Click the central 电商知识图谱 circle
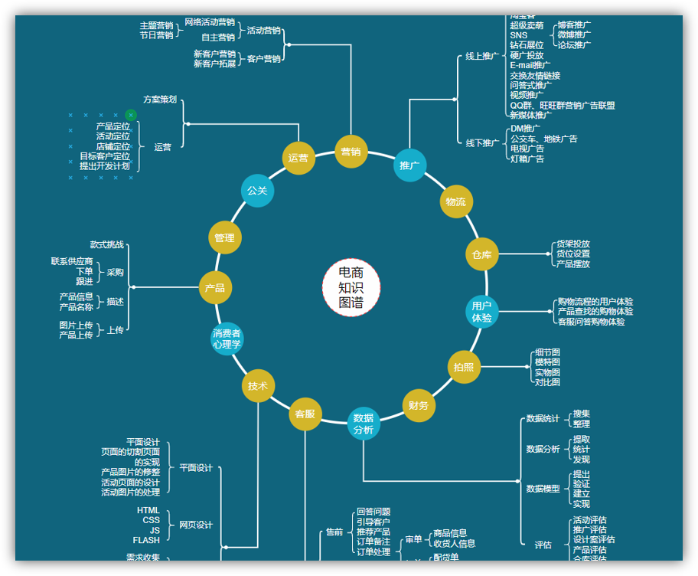pyautogui.click(x=351, y=287)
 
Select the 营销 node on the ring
pyautogui.click(x=351, y=152)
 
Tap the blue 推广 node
pyautogui.click(x=409, y=165)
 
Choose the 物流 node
pyautogui.click(x=455, y=201)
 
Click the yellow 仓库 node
pyautogui.click(x=481, y=254)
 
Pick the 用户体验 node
pyautogui.click(x=481, y=312)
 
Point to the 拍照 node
pyautogui.click(x=464, y=367)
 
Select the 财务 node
pyautogui.click(x=419, y=405)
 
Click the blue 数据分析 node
pyautogui.click(x=364, y=424)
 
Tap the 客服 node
pyautogui.click(x=305, y=414)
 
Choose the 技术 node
pyautogui.click(x=257, y=386)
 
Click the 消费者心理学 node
pyautogui.click(x=227, y=339)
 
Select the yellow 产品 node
pyautogui.click(x=215, y=288)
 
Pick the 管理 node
pyautogui.click(x=224, y=237)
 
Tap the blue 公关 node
pyautogui.click(x=257, y=190)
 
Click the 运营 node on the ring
pyautogui.click(x=298, y=159)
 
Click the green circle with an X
pyautogui.click(x=131, y=115)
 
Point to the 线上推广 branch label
pyautogui.click(x=481, y=56)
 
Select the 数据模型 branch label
pyautogui.click(x=543, y=489)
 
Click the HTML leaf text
pyautogui.click(x=148, y=510)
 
